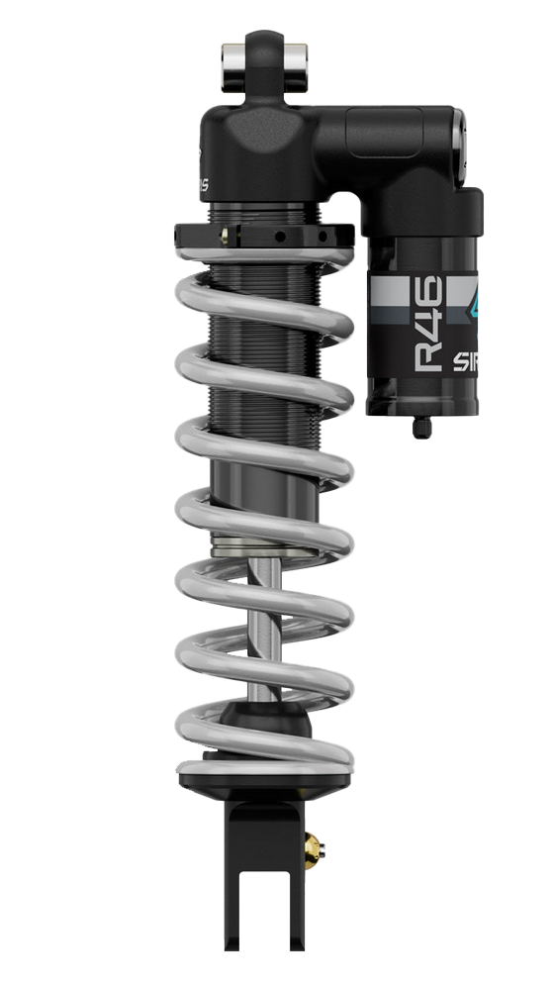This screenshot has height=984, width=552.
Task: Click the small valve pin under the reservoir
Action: point(421,426)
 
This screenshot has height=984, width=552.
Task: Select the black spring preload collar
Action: point(263,236)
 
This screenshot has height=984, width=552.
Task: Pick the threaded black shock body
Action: point(263,396)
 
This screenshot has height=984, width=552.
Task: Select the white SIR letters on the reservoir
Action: point(465,361)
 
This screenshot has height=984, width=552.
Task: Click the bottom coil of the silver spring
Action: point(263,764)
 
